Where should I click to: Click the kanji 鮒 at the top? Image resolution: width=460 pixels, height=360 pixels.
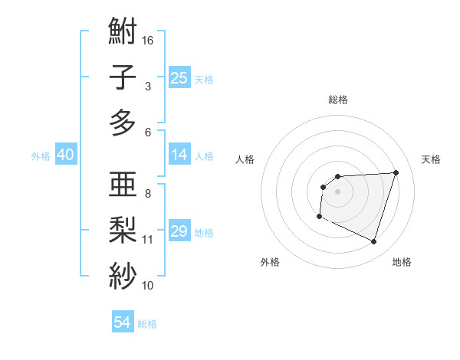tap(123, 33)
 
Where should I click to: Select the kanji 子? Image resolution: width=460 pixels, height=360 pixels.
tap(123, 77)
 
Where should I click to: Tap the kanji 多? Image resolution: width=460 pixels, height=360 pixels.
tap(123, 123)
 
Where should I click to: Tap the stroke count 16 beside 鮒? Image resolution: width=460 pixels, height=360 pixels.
tap(149, 41)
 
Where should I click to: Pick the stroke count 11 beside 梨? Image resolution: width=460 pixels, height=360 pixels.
tap(148, 240)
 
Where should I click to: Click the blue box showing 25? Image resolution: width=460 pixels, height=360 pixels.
tap(179, 77)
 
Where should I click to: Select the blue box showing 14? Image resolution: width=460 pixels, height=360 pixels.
tap(179, 155)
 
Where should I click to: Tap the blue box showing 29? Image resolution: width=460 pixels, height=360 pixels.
tap(179, 231)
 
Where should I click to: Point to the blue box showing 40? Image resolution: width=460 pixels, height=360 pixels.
tap(65, 155)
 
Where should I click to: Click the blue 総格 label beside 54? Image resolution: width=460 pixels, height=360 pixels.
tap(148, 324)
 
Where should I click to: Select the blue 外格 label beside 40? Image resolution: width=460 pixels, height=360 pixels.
tap(41, 156)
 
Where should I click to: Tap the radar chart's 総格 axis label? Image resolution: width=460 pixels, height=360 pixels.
tap(337, 100)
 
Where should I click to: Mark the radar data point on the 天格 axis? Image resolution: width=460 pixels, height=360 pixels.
tap(396, 172)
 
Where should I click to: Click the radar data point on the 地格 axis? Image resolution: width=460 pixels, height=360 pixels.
tap(373, 241)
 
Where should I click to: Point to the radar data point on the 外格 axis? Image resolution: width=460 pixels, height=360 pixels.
tap(319, 217)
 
